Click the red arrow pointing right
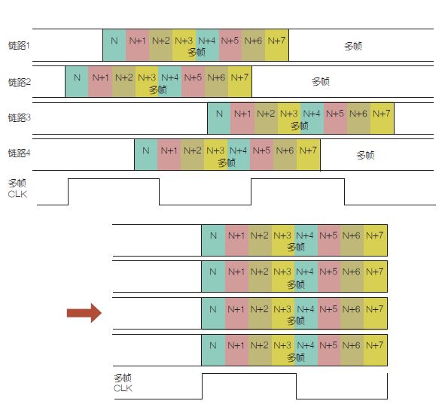click(84, 313)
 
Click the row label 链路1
click(19, 45)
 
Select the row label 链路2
click(19, 82)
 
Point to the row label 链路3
click(19, 117)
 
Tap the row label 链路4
click(19, 153)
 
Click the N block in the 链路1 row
click(114, 45)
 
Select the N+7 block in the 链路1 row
click(276, 45)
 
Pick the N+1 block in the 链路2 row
click(100, 82)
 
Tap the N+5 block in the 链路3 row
click(335, 118)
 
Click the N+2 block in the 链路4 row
click(192, 155)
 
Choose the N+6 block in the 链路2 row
click(216, 82)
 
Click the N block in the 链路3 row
click(219, 118)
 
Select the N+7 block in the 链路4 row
click(308, 155)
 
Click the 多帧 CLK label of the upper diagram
click(17, 189)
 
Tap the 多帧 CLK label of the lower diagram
click(123, 383)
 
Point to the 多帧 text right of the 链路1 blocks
click(353, 46)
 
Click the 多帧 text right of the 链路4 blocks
click(365, 155)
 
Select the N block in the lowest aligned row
click(213, 351)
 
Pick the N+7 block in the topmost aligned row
click(375, 240)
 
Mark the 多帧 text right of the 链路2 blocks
click(321, 82)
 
